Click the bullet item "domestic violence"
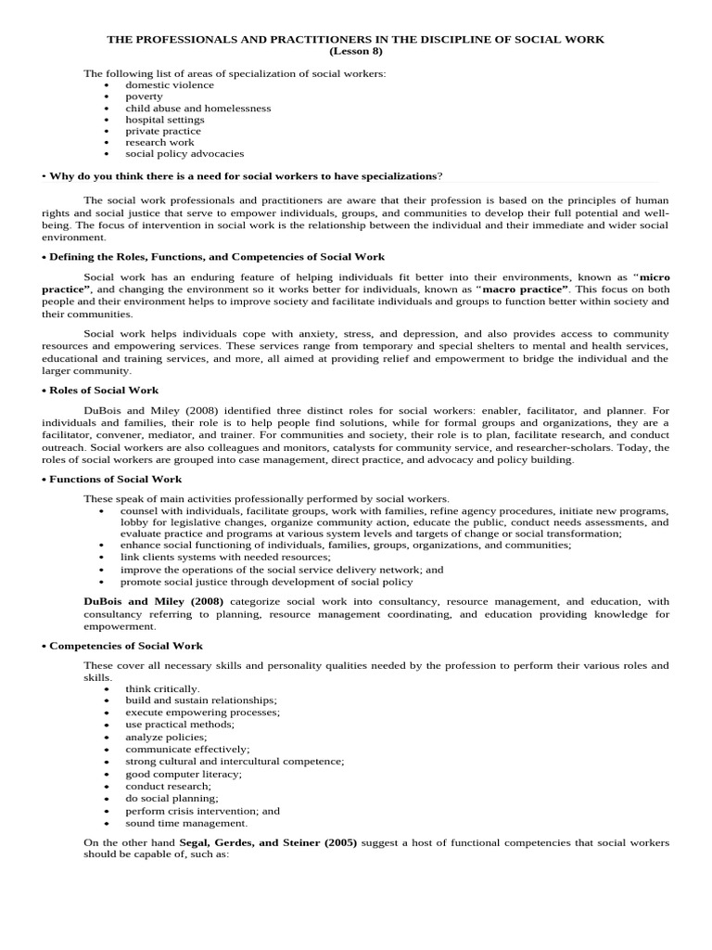[x=170, y=84]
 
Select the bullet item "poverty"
[x=144, y=96]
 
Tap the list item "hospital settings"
[x=165, y=120]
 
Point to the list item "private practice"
[x=163, y=131]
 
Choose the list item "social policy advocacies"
[x=184, y=154]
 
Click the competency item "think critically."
[x=162, y=688]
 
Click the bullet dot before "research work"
[x=108, y=143]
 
